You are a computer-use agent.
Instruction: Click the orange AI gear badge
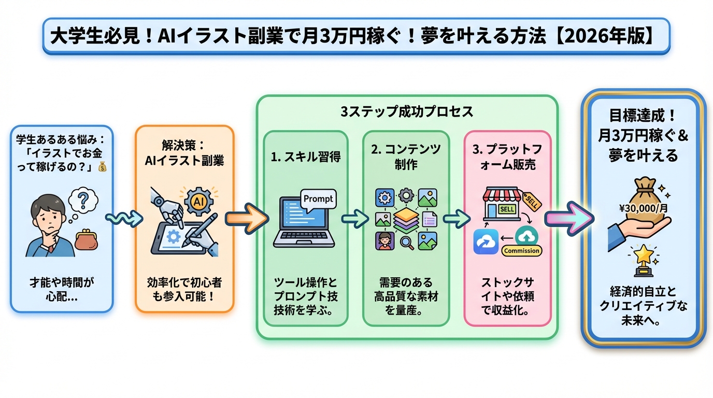tap(197, 202)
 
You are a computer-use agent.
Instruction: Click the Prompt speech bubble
tap(318, 200)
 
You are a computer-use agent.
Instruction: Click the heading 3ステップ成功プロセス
tap(407, 111)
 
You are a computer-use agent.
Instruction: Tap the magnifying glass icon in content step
tap(407, 242)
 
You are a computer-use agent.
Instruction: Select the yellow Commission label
tap(521, 251)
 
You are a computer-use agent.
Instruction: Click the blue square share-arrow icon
tap(486, 241)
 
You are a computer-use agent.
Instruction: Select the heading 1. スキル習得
tap(306, 157)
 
